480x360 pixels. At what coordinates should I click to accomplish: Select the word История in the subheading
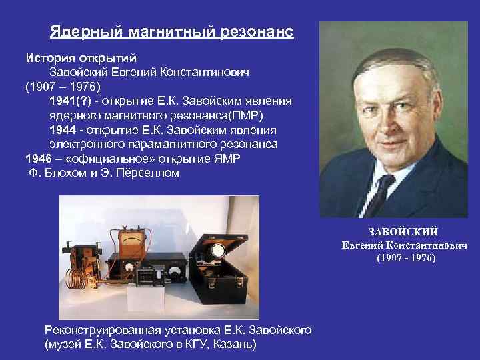48,57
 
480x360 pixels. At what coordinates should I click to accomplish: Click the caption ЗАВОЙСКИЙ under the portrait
403,231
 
